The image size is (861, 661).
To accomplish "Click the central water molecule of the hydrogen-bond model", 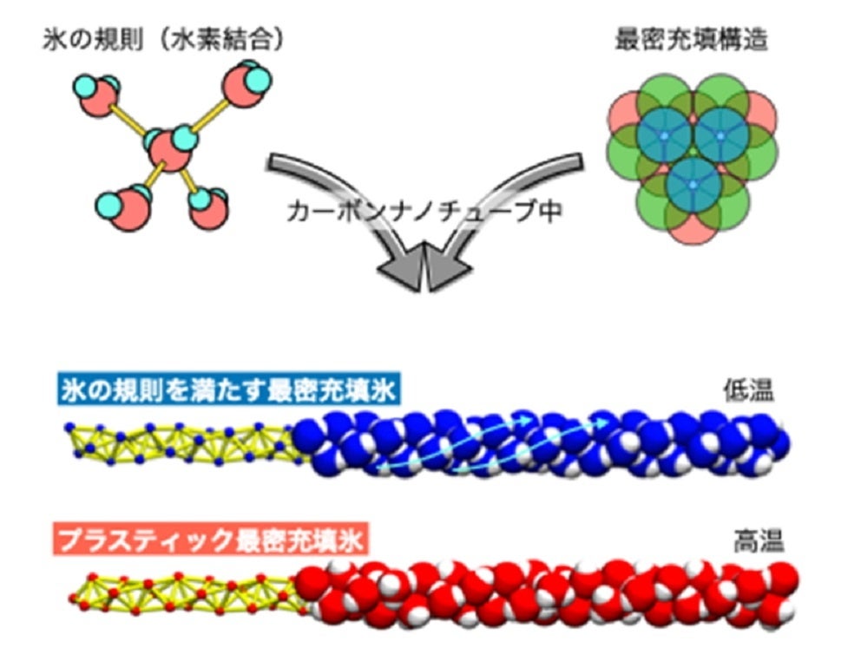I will click(x=171, y=147).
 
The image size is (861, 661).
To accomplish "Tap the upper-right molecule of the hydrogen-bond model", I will click(x=246, y=84).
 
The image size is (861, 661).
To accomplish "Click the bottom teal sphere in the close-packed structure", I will click(x=692, y=185).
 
